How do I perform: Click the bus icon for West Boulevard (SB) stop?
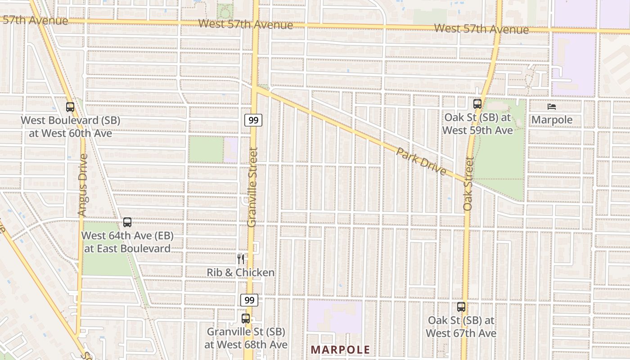tap(70, 107)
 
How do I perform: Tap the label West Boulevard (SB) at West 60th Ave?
tap(67, 127)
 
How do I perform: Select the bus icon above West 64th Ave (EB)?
tap(127, 222)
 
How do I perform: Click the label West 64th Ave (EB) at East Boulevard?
tap(127, 242)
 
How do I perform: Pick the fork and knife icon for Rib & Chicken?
tap(241, 259)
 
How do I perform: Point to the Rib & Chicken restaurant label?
tap(241, 273)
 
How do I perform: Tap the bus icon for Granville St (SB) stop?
tap(246, 319)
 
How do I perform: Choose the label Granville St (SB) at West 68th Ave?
tap(246, 338)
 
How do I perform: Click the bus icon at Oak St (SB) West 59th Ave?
tap(477, 104)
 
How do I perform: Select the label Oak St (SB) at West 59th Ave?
tap(477, 124)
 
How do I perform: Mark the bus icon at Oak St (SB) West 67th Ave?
tap(461, 307)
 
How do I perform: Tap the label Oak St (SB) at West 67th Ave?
tap(461, 327)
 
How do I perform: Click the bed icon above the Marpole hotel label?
tap(552, 107)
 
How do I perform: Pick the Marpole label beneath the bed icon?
tap(552, 120)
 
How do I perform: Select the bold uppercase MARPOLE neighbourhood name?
tap(340, 350)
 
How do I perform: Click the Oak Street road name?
tap(468, 184)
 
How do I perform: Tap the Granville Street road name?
tap(253, 187)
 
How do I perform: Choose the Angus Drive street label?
tap(82, 184)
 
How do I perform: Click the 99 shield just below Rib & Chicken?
tap(249, 300)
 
